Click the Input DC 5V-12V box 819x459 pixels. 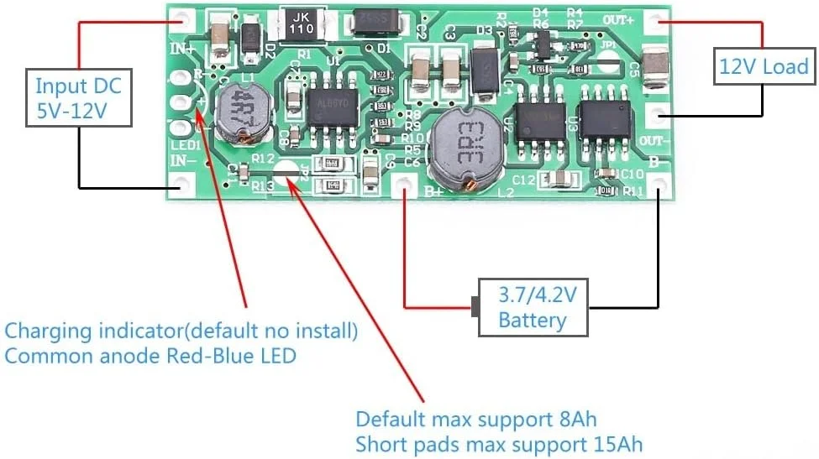click(x=78, y=98)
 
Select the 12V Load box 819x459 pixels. click(x=763, y=66)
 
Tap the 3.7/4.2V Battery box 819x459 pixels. click(x=533, y=307)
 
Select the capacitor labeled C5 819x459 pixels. click(x=655, y=66)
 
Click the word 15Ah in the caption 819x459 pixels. click(x=618, y=443)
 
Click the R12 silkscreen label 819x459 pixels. click(x=263, y=158)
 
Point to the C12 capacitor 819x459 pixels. click(x=557, y=179)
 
